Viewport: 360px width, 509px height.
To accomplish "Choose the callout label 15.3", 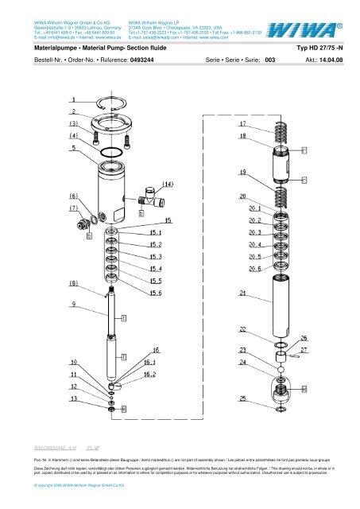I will coord(156,257).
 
